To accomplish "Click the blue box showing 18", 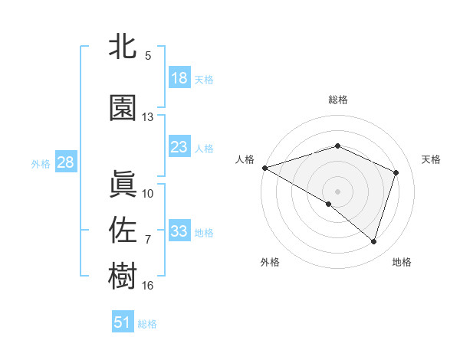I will (x=179, y=79).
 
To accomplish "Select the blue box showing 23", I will (x=179, y=147).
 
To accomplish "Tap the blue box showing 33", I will (x=179, y=231).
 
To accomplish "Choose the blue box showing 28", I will (x=65, y=162).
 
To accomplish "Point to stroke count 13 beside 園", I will (x=148, y=117).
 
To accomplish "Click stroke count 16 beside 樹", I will (x=148, y=286).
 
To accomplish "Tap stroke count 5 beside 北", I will (x=148, y=56).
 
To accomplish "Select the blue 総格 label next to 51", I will (x=148, y=324).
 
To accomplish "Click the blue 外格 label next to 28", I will (x=41, y=163).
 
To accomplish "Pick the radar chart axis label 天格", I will (x=432, y=159).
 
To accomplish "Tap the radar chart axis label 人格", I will (x=245, y=159).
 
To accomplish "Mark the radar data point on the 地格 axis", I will (x=373, y=242).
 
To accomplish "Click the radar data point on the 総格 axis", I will (x=337, y=146).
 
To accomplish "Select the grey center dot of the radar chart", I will (x=337, y=191).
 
